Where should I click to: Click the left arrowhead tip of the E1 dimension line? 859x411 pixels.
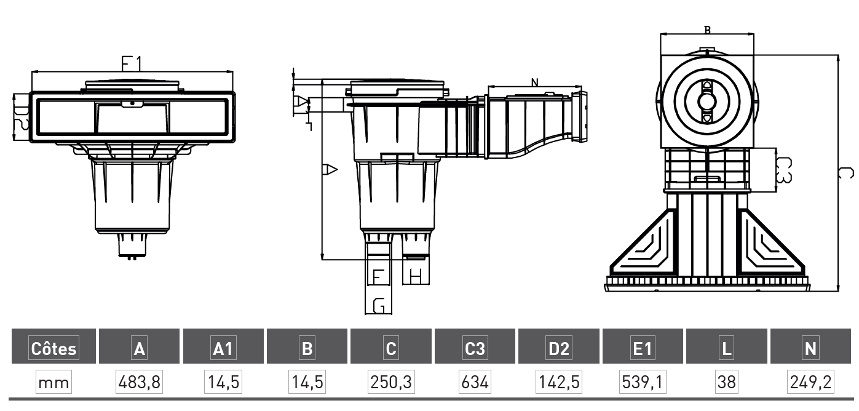point(32,71)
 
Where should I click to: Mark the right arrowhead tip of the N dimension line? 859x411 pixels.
point(581,87)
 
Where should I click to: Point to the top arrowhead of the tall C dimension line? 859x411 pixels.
point(838,55)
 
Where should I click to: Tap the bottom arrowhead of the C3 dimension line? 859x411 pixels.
point(776,191)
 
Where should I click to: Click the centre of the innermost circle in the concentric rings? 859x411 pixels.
point(707,102)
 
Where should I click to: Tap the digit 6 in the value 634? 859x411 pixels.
point(465,382)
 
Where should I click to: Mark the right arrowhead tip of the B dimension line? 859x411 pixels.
point(753,34)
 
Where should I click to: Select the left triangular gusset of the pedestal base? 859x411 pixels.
point(644,242)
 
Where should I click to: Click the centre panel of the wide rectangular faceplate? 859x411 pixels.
point(132,118)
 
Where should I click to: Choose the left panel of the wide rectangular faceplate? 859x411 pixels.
point(66,116)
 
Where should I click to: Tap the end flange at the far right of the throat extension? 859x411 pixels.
point(579,117)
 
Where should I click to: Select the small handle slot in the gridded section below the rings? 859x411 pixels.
point(708,178)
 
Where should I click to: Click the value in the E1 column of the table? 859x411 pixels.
point(643,382)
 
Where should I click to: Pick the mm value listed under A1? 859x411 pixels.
point(223,382)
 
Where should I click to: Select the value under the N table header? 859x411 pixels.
point(810,382)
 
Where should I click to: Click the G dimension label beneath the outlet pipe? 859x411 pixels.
point(379,306)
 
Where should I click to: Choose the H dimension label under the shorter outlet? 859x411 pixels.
point(416,276)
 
